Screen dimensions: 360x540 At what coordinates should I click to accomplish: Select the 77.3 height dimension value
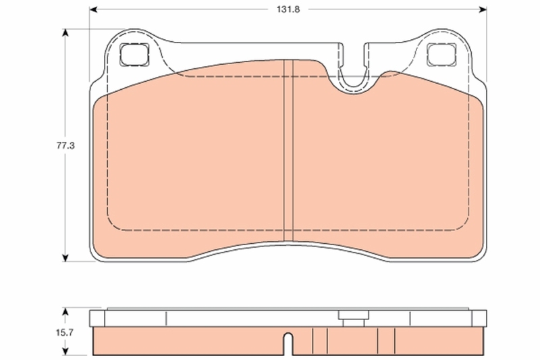65,144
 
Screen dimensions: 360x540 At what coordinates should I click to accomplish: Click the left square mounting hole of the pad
133,54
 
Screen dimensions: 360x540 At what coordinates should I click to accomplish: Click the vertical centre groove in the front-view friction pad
288,149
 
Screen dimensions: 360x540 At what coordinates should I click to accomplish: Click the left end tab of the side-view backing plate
95,317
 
